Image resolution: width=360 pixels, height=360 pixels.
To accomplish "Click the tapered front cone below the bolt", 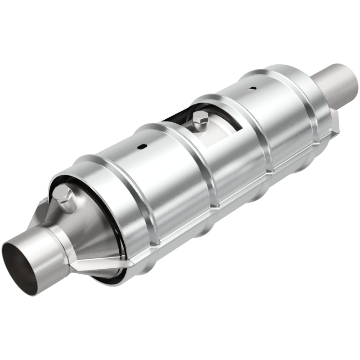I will pyautogui.click(x=90, y=234).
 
